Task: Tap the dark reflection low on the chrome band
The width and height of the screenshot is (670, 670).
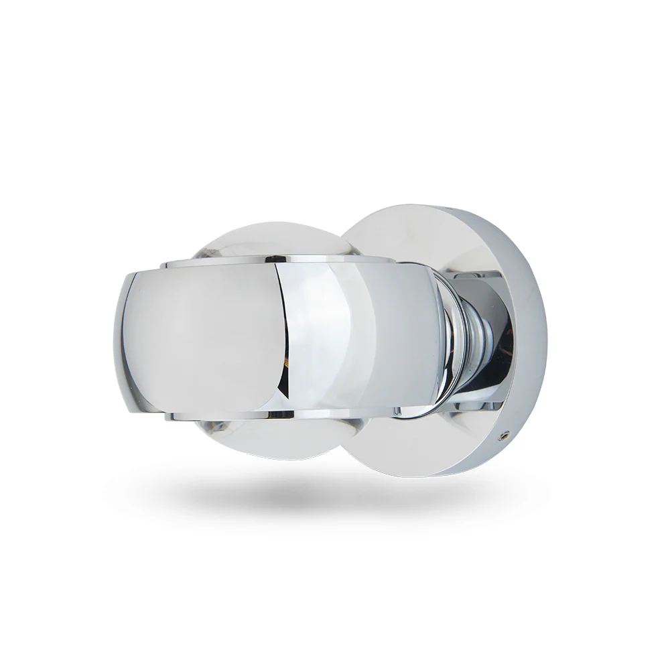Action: [x=285, y=382]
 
